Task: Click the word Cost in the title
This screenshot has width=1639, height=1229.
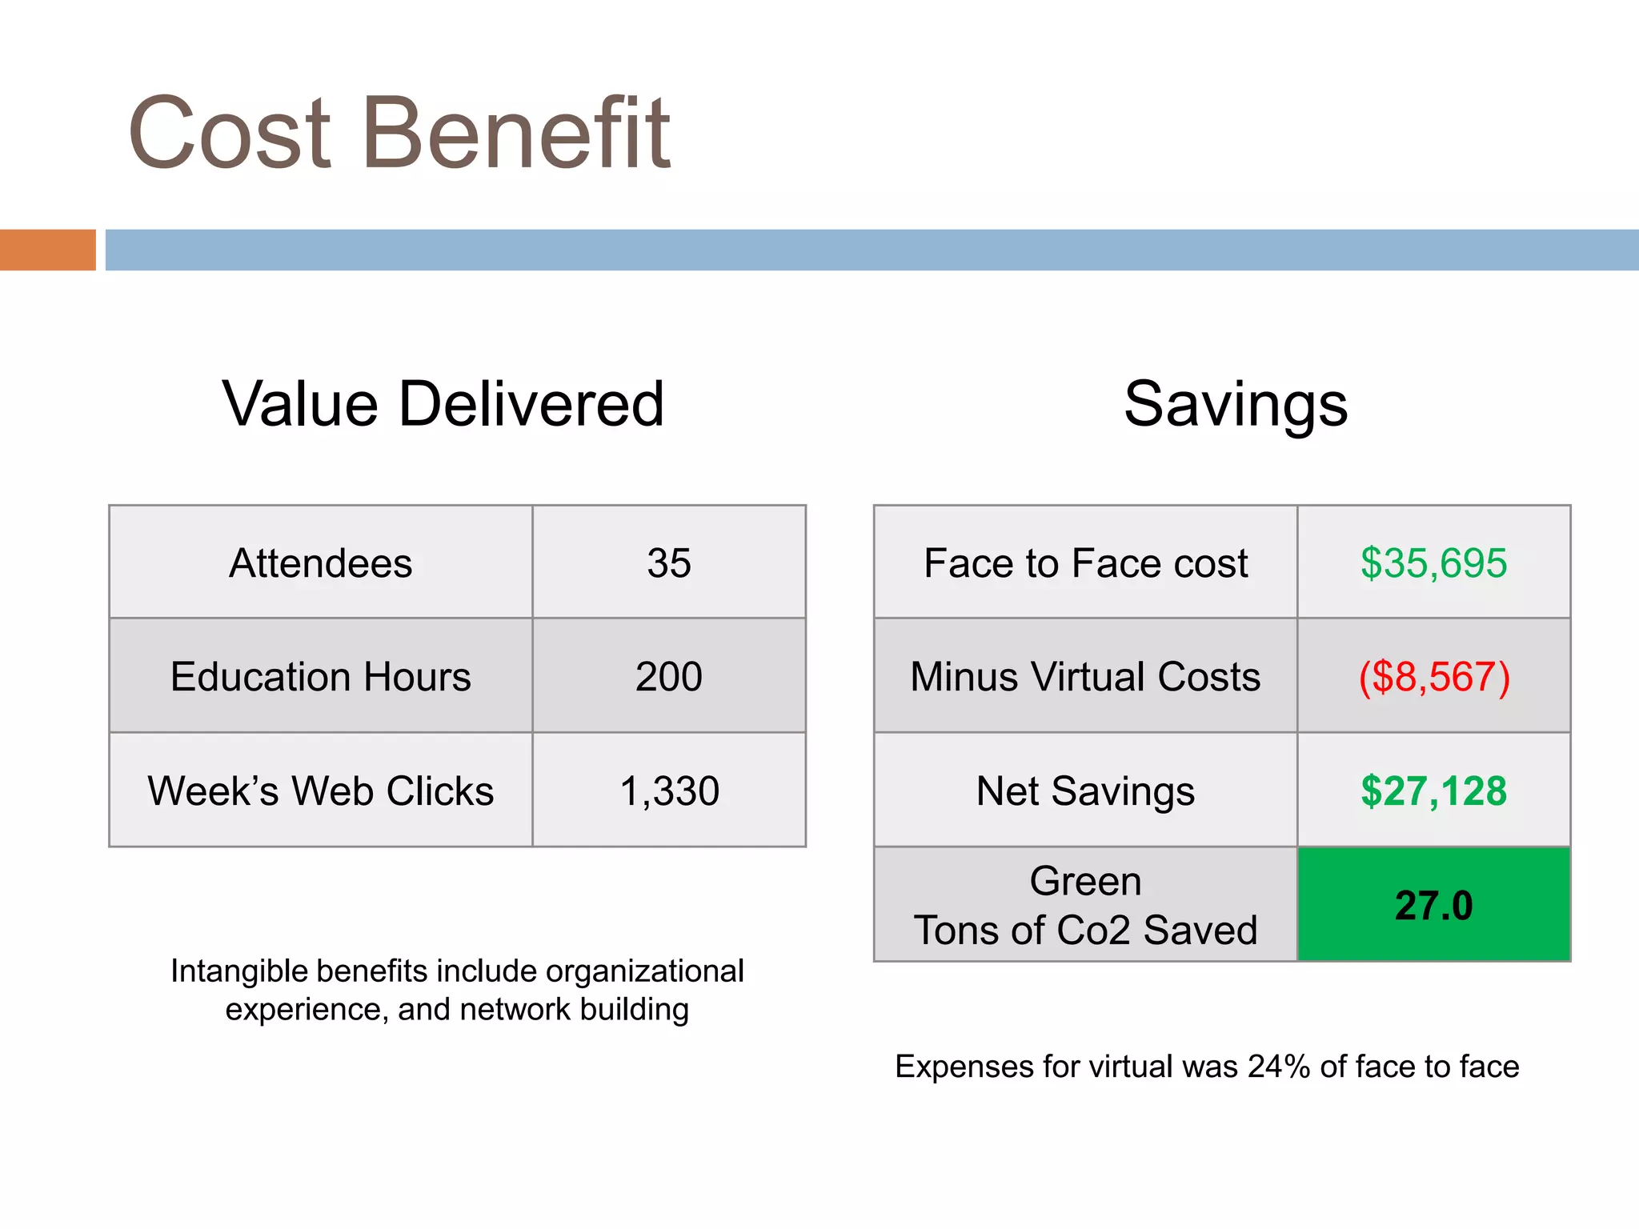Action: (230, 133)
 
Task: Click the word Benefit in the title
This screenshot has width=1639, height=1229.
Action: (517, 133)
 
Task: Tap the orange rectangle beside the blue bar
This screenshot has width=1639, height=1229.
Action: (47, 250)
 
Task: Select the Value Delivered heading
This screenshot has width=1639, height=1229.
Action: (443, 404)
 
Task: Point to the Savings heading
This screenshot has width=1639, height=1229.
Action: (1236, 404)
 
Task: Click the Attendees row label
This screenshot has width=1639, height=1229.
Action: (320, 563)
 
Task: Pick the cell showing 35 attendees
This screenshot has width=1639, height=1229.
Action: (669, 563)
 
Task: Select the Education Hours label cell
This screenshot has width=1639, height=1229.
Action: (320, 677)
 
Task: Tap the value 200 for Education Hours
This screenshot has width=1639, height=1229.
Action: (669, 677)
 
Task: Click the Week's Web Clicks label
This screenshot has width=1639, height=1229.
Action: (320, 791)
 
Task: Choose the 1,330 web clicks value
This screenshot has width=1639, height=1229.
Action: (669, 791)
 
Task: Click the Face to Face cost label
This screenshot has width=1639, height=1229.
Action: (1085, 563)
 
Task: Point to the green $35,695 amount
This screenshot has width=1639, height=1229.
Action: (1433, 563)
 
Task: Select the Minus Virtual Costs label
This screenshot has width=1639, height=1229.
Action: (1085, 677)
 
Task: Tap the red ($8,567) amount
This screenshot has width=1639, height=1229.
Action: (1433, 677)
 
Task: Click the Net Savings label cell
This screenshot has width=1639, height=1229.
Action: (1085, 791)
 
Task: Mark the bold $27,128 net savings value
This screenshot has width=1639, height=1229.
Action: (1433, 791)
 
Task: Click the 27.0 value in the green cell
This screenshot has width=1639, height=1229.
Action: (1433, 906)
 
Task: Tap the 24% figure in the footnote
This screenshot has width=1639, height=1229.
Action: (1279, 1067)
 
